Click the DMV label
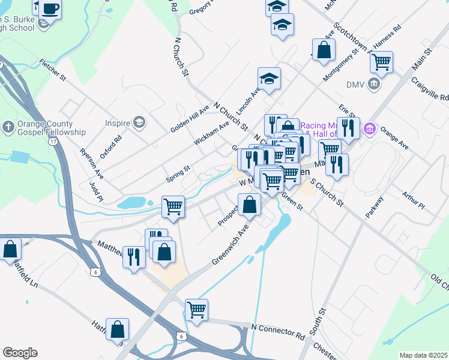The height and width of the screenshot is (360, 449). click(355, 84)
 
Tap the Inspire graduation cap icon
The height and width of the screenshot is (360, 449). click(140, 123)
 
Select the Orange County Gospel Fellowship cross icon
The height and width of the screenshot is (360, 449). click(7, 127)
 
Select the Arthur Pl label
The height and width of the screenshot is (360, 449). click(413, 201)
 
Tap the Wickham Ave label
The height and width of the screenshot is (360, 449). click(211, 132)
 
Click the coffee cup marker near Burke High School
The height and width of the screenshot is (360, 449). click(50, 10)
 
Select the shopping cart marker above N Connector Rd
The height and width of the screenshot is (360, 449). click(196, 310)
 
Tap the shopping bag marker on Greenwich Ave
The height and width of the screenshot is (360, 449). click(250, 204)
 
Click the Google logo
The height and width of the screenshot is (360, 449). click(20, 353)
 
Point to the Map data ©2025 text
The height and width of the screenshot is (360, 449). click(423, 355)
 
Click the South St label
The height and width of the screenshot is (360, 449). click(318, 322)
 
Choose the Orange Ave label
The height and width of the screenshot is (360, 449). click(394, 136)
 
